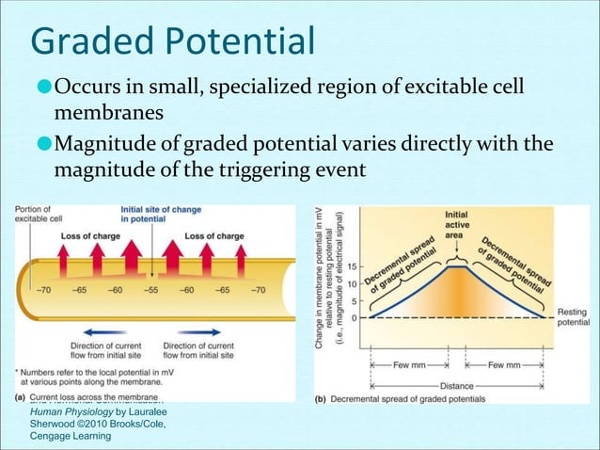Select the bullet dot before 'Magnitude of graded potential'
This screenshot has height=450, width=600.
(x=43, y=143)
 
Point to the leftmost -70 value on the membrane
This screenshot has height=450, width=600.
(x=44, y=291)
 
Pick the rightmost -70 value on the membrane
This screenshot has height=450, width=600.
(x=258, y=291)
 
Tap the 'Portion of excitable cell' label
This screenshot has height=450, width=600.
(x=34, y=214)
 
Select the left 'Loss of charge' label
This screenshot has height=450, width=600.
(x=87, y=235)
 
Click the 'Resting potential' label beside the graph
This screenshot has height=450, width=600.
(x=572, y=317)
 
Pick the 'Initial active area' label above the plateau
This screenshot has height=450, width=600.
(x=456, y=225)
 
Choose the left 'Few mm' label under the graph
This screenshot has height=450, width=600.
(x=408, y=363)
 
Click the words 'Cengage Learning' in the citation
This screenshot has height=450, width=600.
(x=71, y=436)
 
